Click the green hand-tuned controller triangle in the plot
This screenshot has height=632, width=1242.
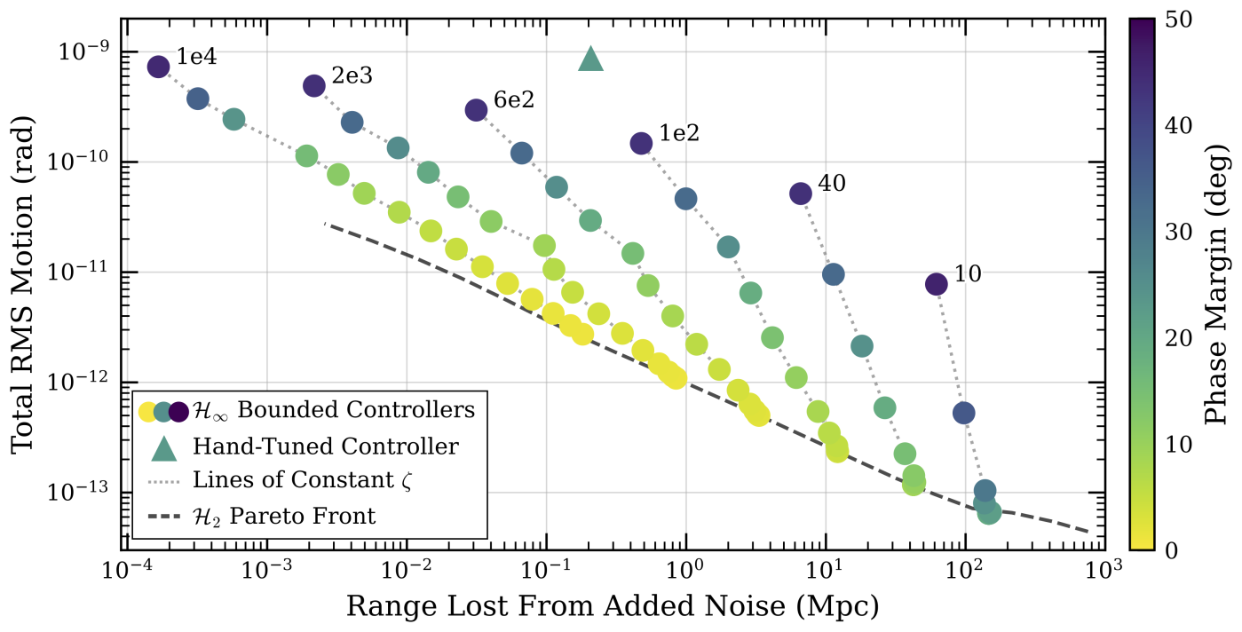coord(591,59)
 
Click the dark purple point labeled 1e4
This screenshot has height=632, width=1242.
coord(158,67)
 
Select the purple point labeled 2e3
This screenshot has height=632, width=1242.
coord(314,85)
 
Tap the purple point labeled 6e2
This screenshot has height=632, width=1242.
coord(476,110)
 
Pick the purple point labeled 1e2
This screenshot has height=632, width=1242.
coord(642,143)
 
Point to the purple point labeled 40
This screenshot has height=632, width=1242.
coord(801,194)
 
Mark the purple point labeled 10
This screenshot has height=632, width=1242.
coord(937,284)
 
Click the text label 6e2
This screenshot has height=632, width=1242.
coord(513,100)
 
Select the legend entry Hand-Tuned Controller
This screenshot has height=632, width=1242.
coord(325,446)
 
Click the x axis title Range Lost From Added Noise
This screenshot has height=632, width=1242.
coord(613,606)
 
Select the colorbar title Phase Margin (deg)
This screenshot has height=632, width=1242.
coord(1218,284)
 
